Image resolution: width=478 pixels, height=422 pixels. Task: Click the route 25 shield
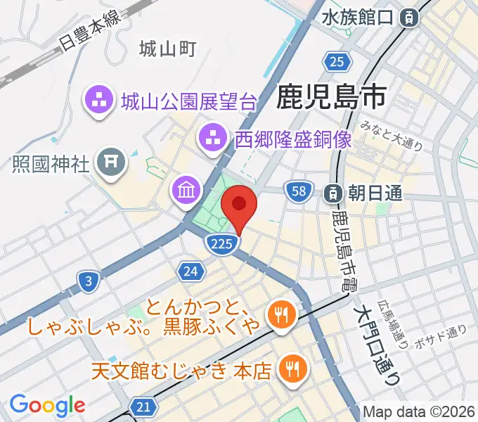click(x=338, y=62)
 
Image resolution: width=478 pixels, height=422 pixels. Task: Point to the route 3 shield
click(x=88, y=282)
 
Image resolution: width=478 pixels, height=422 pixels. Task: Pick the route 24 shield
click(x=190, y=271)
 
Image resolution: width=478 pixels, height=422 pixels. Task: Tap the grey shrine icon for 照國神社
click(x=110, y=163)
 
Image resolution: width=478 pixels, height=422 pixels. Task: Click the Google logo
click(x=47, y=406)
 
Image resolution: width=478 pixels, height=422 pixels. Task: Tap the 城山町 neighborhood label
click(x=167, y=49)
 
